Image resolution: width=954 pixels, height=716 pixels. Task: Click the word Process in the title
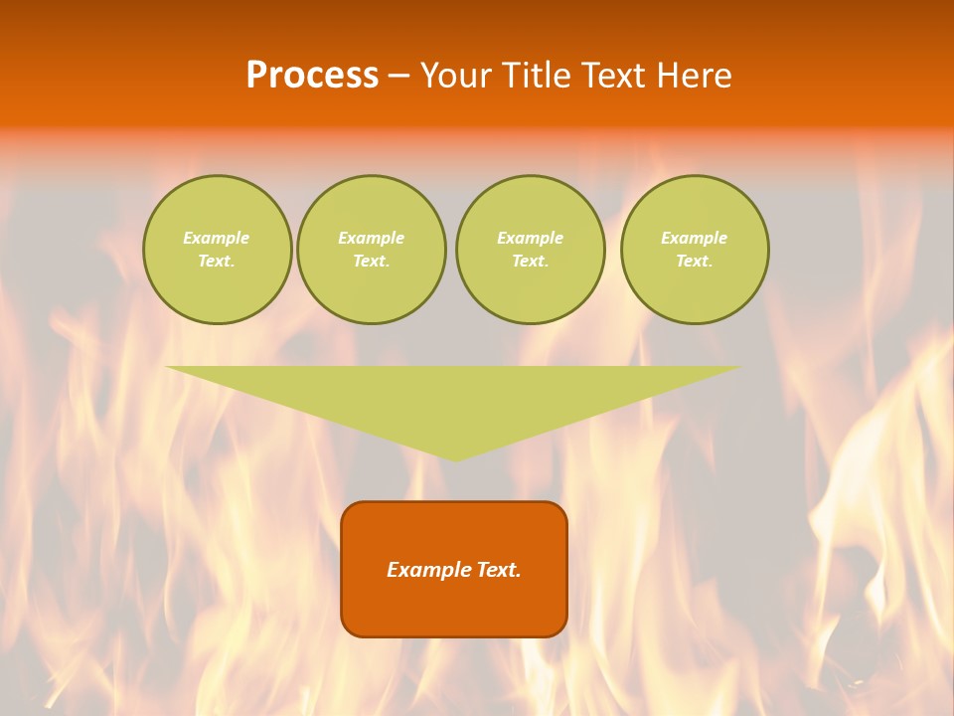click(x=312, y=76)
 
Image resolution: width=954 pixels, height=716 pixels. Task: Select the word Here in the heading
click(x=694, y=76)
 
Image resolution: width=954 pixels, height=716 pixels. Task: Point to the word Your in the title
click(x=456, y=76)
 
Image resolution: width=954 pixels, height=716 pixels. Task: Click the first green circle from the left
click(x=218, y=250)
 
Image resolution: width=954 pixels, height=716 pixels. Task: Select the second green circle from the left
click(x=372, y=250)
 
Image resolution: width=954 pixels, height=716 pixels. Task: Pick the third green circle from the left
click(x=531, y=250)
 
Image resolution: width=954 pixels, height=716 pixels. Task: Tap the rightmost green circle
click(x=695, y=250)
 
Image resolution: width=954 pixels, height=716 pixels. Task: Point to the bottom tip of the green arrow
click(x=455, y=459)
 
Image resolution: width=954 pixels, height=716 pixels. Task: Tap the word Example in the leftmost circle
click(x=217, y=238)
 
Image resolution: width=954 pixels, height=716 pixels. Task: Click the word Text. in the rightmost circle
click(x=695, y=262)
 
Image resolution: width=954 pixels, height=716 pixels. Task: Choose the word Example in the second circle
click(x=372, y=238)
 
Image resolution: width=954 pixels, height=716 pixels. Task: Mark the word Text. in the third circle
click(x=531, y=262)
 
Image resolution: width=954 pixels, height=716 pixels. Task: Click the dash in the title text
click(x=399, y=76)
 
